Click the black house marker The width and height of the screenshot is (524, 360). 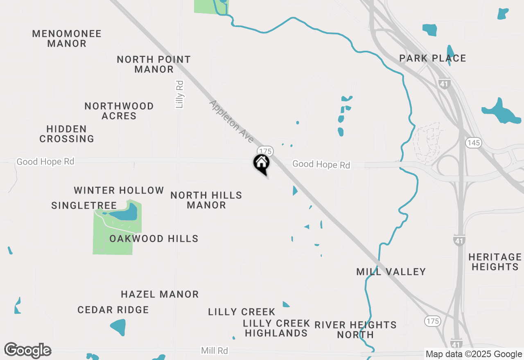click(x=262, y=164)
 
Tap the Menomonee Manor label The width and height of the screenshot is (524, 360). click(x=67, y=38)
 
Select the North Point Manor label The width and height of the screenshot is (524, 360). click(x=154, y=64)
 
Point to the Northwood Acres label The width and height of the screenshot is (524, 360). click(x=119, y=111)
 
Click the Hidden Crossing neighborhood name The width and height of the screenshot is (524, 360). click(x=67, y=134)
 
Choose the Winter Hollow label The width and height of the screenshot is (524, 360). click(x=119, y=190)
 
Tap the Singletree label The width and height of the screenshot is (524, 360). click(x=84, y=205)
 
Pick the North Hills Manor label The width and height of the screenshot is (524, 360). click(x=206, y=200)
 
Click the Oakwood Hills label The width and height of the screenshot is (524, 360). click(x=154, y=239)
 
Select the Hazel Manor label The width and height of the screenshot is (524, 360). click(x=160, y=294)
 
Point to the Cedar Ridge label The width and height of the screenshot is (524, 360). click(x=113, y=310)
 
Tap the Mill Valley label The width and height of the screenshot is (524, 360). click(x=391, y=272)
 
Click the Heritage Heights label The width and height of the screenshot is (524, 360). click(x=495, y=262)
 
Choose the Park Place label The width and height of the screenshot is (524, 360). click(x=433, y=58)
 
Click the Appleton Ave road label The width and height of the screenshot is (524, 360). click(x=231, y=122)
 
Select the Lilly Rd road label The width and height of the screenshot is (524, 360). click(x=179, y=94)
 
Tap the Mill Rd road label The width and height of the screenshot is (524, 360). click(x=215, y=351)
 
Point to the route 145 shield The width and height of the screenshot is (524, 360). click(x=473, y=143)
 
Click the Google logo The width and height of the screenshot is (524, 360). click(x=27, y=350)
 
